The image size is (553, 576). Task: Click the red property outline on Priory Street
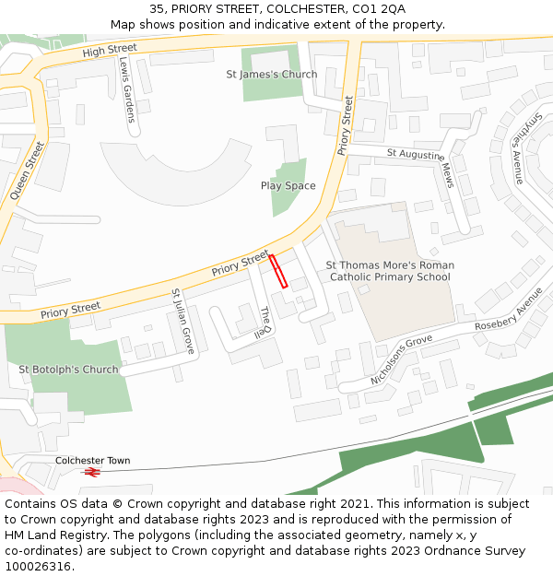pyautogui.click(x=278, y=272)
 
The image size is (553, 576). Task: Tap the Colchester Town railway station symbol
pyautogui.click(x=91, y=472)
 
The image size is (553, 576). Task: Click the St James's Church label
pyautogui.click(x=272, y=75)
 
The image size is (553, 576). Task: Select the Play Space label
pyautogui.click(x=288, y=186)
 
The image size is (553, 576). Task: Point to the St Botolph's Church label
pyautogui.click(x=69, y=370)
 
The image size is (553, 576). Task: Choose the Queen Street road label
pyautogui.click(x=27, y=171)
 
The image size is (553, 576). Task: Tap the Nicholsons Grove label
pyautogui.click(x=401, y=360)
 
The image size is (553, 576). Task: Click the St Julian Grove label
pyautogui.click(x=182, y=322)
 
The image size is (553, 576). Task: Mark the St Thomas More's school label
pyautogui.click(x=390, y=271)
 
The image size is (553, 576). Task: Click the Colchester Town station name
pyautogui.click(x=92, y=460)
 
